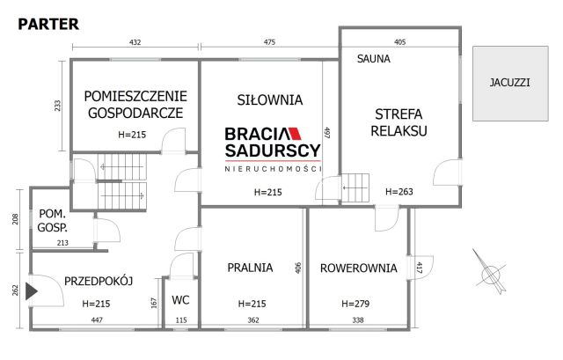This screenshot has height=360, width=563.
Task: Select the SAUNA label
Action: click(x=373, y=59)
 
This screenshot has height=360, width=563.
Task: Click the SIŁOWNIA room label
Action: click(x=270, y=99)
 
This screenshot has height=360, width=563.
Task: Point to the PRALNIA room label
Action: click(x=250, y=268)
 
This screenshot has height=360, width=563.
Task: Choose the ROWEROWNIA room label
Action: click(x=358, y=268)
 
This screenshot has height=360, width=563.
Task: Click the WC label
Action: click(x=180, y=299)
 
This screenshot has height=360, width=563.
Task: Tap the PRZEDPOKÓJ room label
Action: click(x=98, y=281)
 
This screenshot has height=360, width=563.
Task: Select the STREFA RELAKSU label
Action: click(x=400, y=122)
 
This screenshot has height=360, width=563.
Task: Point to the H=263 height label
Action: click(x=399, y=191)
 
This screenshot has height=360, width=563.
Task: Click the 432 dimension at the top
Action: click(x=135, y=40)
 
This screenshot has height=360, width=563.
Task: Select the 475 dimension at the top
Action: click(x=269, y=40)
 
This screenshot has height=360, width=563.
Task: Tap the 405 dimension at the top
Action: click(x=399, y=40)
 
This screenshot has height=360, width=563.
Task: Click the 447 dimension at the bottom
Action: click(x=97, y=321)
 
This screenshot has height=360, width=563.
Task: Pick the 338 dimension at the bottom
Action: click(x=357, y=321)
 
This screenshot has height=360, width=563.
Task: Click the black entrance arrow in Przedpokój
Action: click(x=33, y=289)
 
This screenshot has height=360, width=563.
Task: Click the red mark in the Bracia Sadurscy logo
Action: click(x=295, y=134)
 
